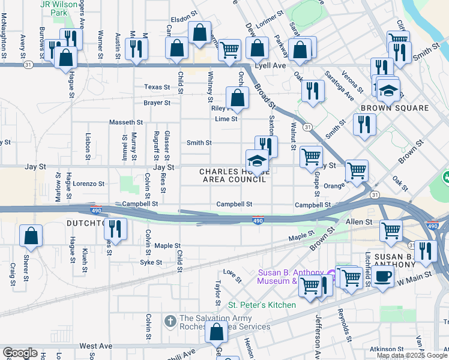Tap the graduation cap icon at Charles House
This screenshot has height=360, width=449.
256,161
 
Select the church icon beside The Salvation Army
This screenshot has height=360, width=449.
170,322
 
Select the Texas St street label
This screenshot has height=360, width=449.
157,87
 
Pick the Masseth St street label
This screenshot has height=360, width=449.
125,122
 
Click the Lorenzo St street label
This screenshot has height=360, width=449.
89,184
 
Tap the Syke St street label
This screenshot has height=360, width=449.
151,262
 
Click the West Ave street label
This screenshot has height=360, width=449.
95,346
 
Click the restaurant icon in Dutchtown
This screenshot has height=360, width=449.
116,229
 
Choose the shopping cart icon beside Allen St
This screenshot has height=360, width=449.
391,229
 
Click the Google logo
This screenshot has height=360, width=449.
19,353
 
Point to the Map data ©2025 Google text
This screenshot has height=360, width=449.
411,355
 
